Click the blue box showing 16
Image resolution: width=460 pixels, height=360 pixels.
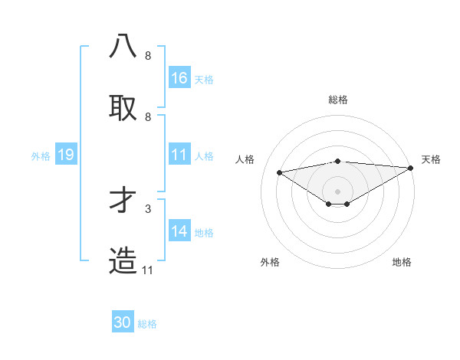pyautogui.click(x=179, y=78)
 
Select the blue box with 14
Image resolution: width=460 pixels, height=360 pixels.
pyautogui.click(x=179, y=231)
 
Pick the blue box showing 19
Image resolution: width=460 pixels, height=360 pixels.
pyautogui.click(x=65, y=155)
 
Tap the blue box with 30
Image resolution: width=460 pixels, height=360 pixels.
pyautogui.click(x=123, y=322)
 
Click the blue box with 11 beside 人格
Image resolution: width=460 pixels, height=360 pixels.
pyautogui.click(x=179, y=155)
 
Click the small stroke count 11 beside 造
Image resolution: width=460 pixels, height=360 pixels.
pyautogui.click(x=148, y=270)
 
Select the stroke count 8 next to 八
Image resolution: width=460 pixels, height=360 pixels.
pyautogui.click(x=148, y=55)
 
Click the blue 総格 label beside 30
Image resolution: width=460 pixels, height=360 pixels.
pyautogui.click(x=147, y=324)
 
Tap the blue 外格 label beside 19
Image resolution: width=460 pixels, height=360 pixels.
pyautogui.click(x=41, y=156)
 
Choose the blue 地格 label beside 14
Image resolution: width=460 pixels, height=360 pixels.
pyautogui.click(x=204, y=233)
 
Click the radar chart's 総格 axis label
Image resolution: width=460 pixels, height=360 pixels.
pyautogui.click(x=338, y=100)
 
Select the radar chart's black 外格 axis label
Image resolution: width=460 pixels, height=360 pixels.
pyautogui.click(x=270, y=262)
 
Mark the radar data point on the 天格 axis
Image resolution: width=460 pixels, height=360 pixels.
pyautogui.click(x=411, y=169)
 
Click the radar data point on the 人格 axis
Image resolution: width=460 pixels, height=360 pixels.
pyautogui.click(x=280, y=172)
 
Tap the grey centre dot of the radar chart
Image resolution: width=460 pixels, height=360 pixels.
pyautogui.click(x=338, y=191)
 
